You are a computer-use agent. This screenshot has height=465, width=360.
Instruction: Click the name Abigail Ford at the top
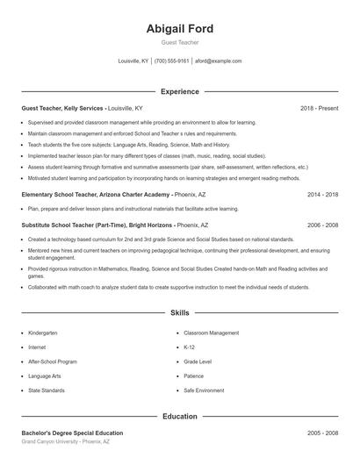coord(179,29)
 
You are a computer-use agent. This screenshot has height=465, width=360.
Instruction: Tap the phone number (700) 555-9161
coord(171,61)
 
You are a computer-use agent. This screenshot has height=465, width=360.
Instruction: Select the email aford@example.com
coord(218,61)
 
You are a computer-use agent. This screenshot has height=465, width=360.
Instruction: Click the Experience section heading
coord(179,91)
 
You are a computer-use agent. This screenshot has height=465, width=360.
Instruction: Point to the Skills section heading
coord(179,312)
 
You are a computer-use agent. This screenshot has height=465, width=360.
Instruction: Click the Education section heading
coord(179,417)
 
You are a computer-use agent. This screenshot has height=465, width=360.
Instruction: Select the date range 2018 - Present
coord(319,108)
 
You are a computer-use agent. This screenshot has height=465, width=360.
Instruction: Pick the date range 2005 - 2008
coord(322,433)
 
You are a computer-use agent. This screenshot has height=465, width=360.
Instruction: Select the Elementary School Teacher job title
coord(83,195)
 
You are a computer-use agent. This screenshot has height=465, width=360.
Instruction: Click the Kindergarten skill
coord(42,333)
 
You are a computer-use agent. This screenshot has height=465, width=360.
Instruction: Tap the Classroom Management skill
coord(212,333)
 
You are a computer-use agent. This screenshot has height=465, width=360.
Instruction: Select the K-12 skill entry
coord(190,347)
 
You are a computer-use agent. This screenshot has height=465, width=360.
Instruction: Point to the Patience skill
coord(195,376)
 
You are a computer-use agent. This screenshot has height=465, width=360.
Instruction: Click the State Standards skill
coord(46,390)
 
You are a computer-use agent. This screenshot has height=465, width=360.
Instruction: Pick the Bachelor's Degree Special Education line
coord(72,433)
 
